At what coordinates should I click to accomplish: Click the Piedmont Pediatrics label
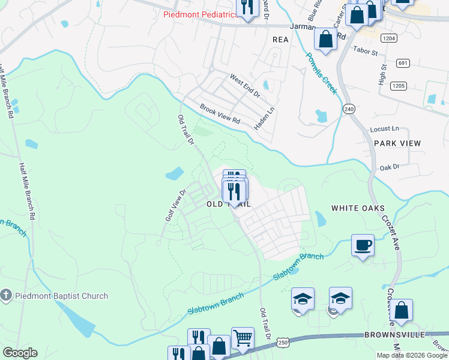tap(201, 15)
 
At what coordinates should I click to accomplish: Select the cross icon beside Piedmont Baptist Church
tap(5, 295)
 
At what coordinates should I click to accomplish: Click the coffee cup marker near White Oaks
tap(363, 245)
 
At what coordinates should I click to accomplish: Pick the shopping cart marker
tap(242, 339)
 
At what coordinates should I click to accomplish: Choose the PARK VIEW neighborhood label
tap(397, 143)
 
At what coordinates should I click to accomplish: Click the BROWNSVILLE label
tap(393, 334)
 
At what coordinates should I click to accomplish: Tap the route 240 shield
tap(349, 109)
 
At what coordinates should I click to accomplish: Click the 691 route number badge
tap(403, 63)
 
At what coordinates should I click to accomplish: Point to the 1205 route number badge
tap(399, 86)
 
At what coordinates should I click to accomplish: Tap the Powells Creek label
tap(321, 74)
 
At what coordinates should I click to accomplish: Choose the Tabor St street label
tap(365, 52)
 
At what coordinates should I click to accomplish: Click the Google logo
tap(20, 353)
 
